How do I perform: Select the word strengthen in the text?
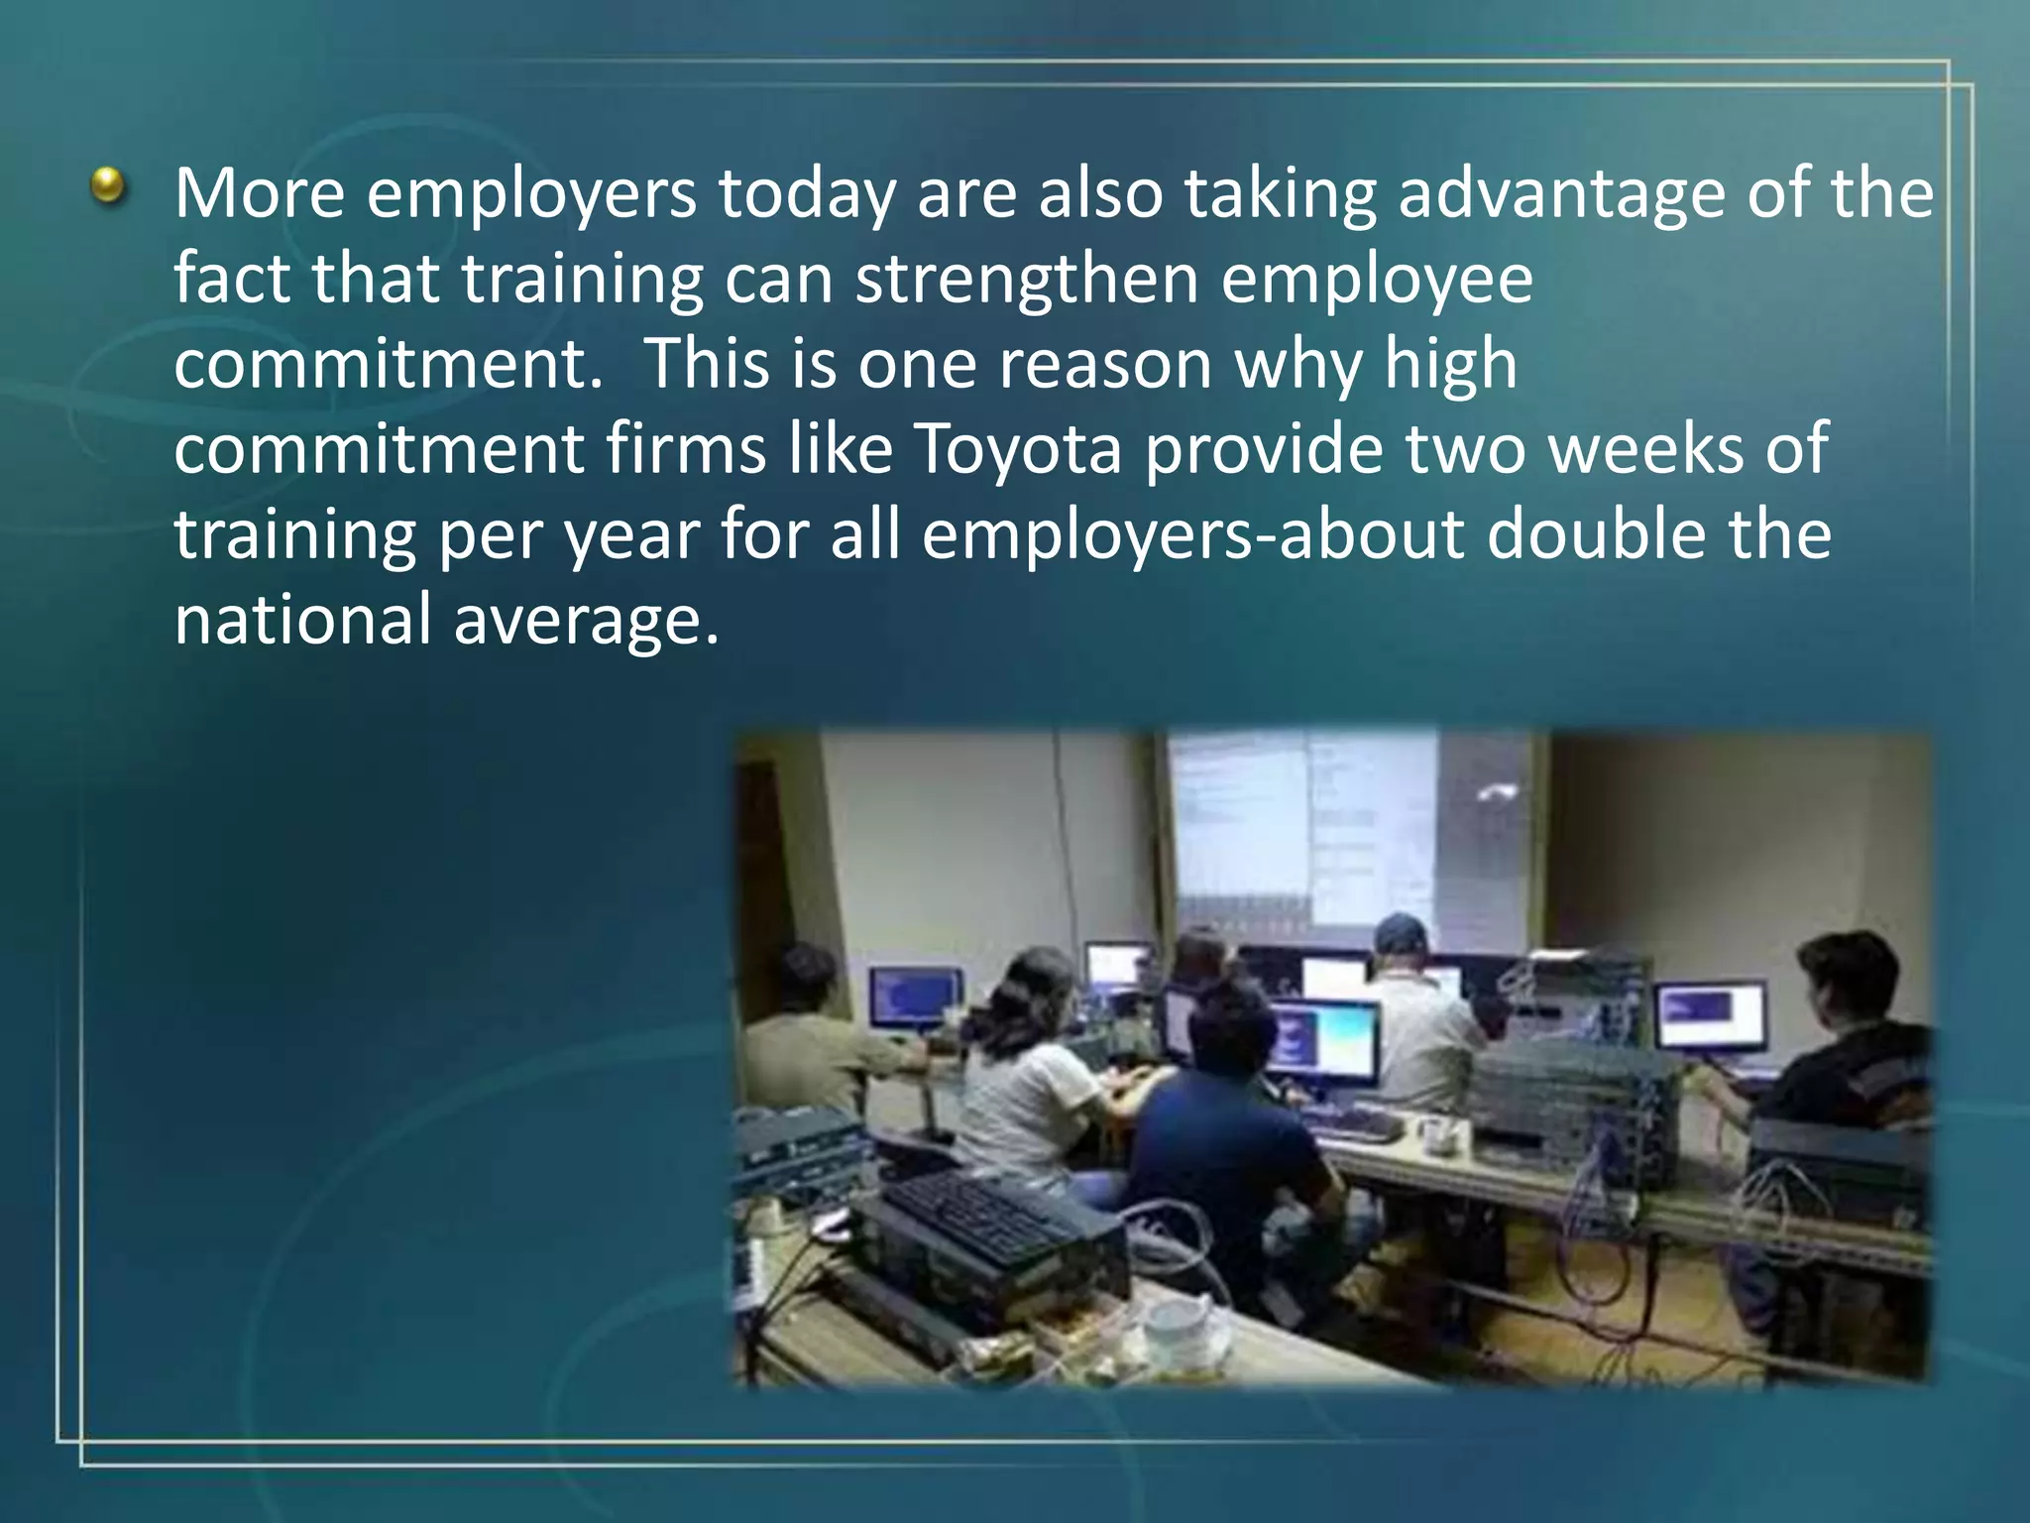click(1027, 281)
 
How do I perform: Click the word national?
click(303, 620)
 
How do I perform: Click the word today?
click(807, 195)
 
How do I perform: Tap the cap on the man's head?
click(1400, 931)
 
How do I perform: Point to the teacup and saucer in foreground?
click(1184, 1327)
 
